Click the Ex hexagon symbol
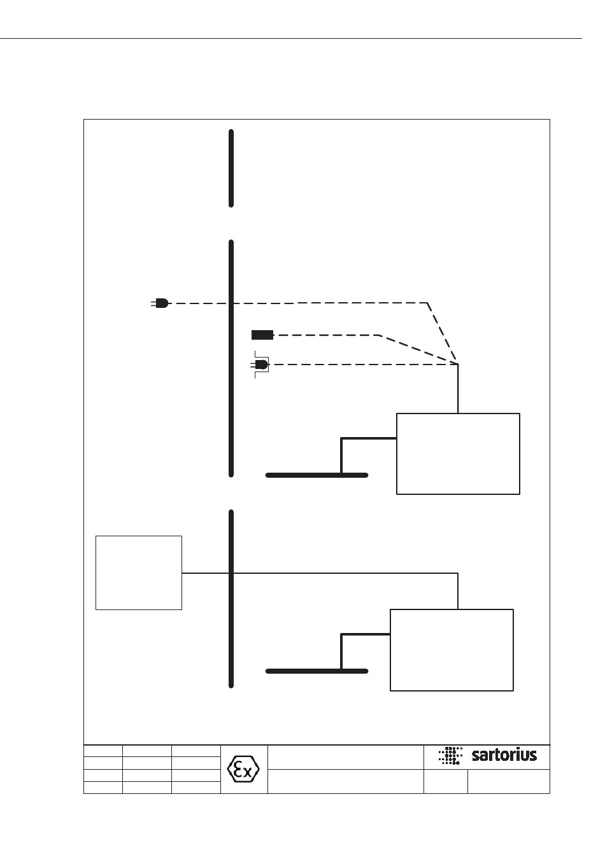click(243, 769)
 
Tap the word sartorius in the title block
click(504, 754)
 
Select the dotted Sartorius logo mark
click(450, 755)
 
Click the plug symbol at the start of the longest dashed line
click(160, 303)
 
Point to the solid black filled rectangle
click(262, 335)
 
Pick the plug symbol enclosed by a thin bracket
click(260, 365)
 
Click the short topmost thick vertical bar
click(231, 169)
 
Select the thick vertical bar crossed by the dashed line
click(231, 358)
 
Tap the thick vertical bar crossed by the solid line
click(231, 599)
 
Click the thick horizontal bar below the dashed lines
click(317, 475)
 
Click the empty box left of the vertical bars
click(139, 573)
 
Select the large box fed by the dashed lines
click(458, 454)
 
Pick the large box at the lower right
click(452, 650)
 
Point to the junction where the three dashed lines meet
click(457, 364)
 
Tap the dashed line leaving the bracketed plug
click(363, 365)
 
